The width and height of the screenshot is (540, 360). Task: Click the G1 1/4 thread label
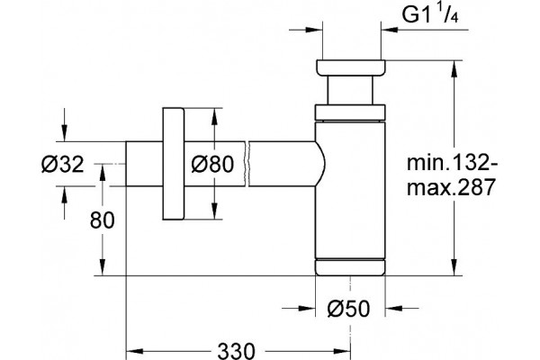click(x=430, y=14)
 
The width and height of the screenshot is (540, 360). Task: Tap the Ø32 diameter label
click(x=62, y=165)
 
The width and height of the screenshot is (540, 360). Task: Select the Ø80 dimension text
click(x=212, y=164)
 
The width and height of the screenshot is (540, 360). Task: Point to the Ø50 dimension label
click(x=348, y=309)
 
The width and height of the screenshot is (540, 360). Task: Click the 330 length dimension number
click(x=236, y=351)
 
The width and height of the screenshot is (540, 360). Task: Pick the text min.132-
click(x=452, y=162)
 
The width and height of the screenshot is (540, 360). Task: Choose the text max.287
click(x=451, y=187)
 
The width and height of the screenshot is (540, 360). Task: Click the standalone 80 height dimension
click(x=102, y=220)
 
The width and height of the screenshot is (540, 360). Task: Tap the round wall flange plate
click(x=173, y=164)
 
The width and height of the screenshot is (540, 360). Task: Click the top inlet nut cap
click(x=351, y=67)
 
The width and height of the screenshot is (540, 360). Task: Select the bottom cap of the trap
click(x=350, y=267)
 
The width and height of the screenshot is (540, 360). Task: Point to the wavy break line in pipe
click(x=247, y=164)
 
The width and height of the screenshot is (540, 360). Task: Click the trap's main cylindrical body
click(x=350, y=190)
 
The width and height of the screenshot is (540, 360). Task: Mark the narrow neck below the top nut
click(x=350, y=90)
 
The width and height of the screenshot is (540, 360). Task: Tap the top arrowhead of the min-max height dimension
click(x=454, y=69)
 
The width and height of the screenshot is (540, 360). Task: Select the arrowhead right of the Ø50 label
click(x=393, y=308)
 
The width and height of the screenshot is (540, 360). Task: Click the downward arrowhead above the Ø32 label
click(x=64, y=132)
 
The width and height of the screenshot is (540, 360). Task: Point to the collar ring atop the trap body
click(x=350, y=112)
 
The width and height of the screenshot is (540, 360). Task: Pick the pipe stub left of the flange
click(x=144, y=164)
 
